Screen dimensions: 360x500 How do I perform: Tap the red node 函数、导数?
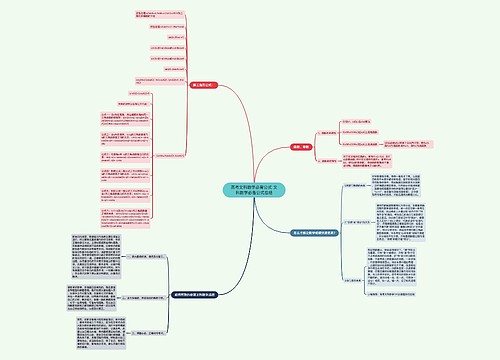click(300, 146)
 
